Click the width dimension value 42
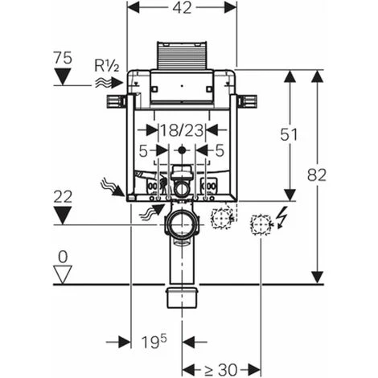pos(182,7)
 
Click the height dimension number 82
pos(317,175)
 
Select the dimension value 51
pos(289,134)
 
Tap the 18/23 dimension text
pos(182,131)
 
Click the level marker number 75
pos(63,58)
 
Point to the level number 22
pos(63,197)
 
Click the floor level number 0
pos(63,257)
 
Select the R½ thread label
pos(106,66)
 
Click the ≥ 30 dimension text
pos(221,370)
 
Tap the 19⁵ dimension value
pos(154,342)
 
